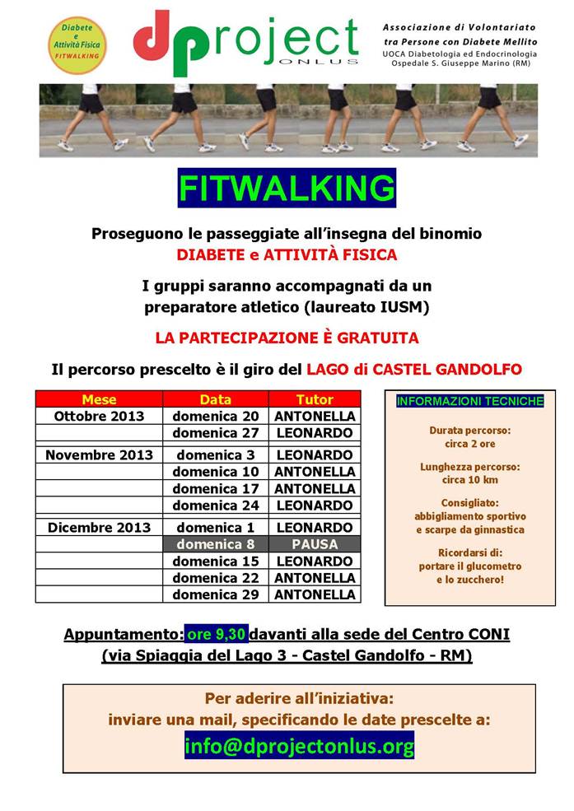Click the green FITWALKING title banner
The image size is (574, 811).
[287, 189]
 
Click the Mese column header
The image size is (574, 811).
[99, 399]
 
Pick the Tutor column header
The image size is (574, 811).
[315, 399]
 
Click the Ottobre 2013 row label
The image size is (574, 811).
[99, 416]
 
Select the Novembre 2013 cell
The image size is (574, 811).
[99, 454]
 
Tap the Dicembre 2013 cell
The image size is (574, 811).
[99, 527]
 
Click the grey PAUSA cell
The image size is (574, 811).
[315, 544]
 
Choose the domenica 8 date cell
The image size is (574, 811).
[216, 544]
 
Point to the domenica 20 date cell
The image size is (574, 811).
[216, 416]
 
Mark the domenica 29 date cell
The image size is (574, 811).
[216, 594]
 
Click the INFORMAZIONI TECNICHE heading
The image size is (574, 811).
[469, 402]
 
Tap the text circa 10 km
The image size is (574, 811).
[469, 479]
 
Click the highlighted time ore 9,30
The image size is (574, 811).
[217, 634]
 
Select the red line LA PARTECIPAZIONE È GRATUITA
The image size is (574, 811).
[287, 338]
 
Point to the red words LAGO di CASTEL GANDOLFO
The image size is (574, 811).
[414, 369]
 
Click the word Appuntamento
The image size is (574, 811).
[124, 634]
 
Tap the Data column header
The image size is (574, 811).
[216, 399]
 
